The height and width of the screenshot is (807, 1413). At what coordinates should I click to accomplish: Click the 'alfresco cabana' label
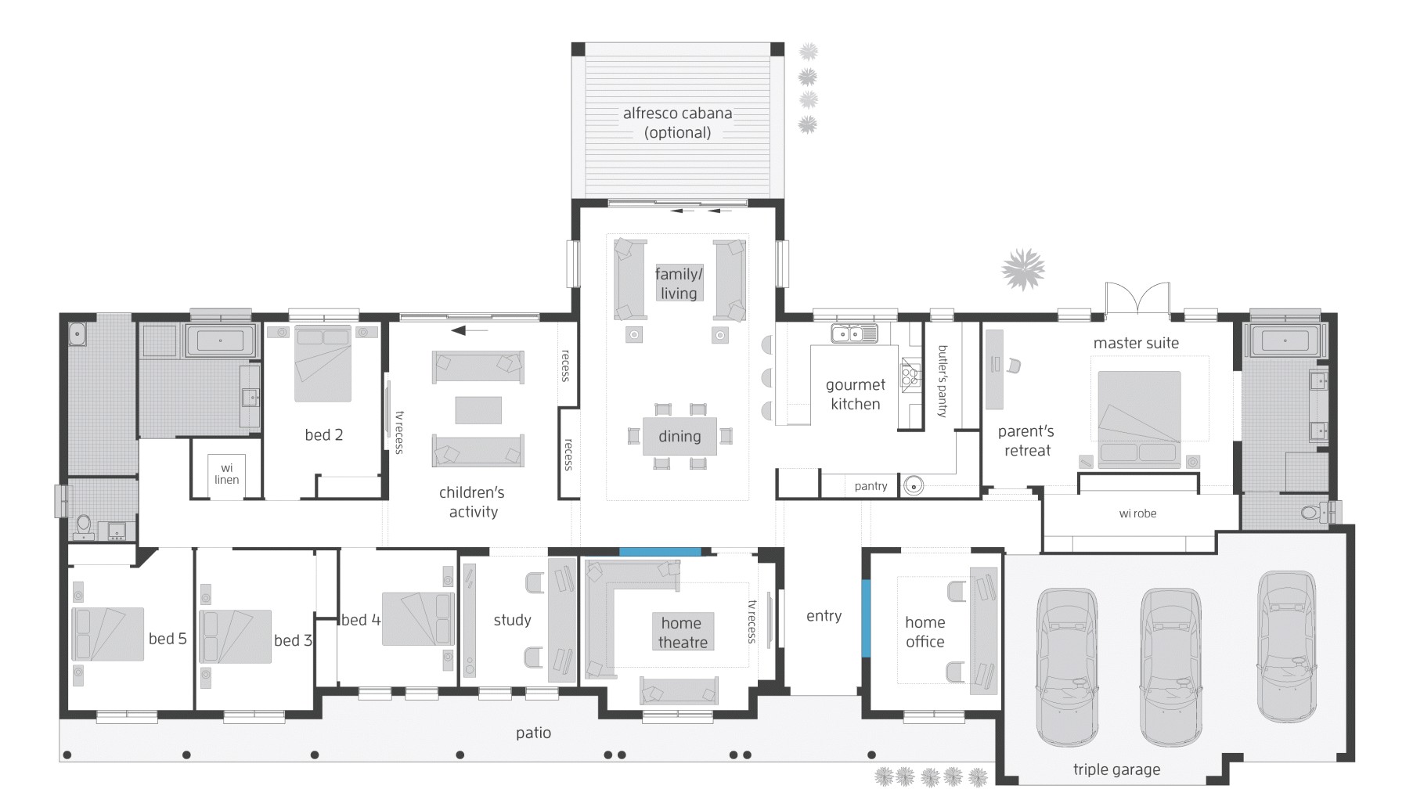coord(677,113)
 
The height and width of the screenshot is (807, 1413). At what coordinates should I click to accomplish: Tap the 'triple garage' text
coord(1116,769)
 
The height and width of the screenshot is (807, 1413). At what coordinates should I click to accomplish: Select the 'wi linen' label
coord(226,474)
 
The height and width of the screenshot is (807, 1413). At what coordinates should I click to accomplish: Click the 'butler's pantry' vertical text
coord(943,381)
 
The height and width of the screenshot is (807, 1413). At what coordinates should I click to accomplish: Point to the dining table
coord(679,436)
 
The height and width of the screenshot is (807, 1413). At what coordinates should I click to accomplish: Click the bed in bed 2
coord(323,363)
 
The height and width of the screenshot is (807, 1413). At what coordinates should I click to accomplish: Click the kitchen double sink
coord(854,334)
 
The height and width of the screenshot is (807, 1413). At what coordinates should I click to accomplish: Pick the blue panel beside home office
coord(866,618)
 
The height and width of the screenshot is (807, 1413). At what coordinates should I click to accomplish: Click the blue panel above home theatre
coord(660,552)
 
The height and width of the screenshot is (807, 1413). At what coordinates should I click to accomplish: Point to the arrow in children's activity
coord(469,330)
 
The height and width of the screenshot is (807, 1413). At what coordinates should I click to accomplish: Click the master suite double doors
coord(1137,301)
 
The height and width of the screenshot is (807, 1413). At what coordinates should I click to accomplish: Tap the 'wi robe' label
coord(1137,513)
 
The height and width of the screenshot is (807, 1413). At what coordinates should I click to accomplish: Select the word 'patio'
coord(533,733)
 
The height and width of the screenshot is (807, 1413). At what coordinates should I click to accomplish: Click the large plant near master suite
coord(1023,270)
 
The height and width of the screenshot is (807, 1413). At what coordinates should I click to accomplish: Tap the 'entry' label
coord(824,616)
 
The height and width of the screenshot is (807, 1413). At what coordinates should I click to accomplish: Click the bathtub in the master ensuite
coord(1285,341)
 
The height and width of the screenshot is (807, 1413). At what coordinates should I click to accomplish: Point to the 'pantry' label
coord(871,486)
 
